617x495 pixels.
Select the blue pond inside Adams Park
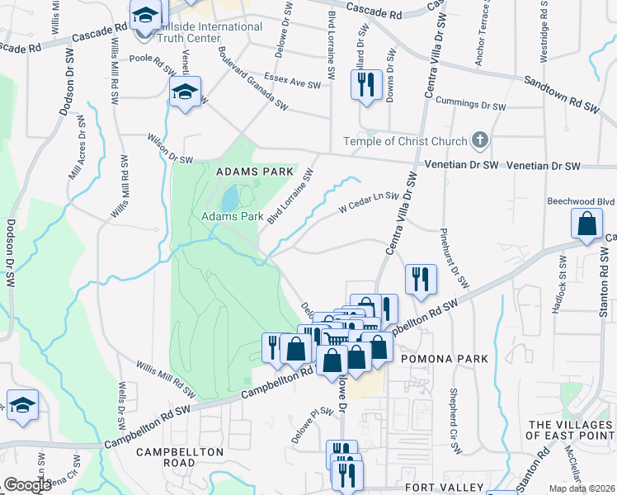click(x=228, y=198)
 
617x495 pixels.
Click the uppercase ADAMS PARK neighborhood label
click(x=255, y=172)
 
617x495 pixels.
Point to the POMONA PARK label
click(x=445, y=359)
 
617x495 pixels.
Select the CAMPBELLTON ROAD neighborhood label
click(x=179, y=457)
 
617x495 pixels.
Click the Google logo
click(x=27, y=485)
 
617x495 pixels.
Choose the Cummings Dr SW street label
click(x=470, y=106)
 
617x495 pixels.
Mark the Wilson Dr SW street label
click(x=169, y=149)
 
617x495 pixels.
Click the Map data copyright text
click(x=584, y=488)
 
